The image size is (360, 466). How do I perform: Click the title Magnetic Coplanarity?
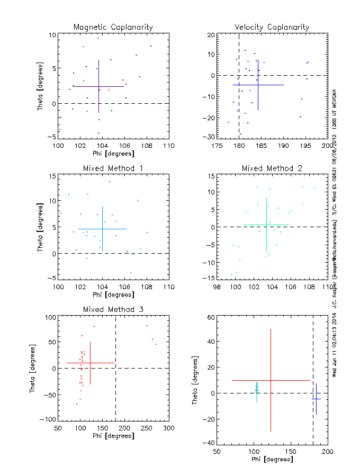113,27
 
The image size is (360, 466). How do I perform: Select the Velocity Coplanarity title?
272,27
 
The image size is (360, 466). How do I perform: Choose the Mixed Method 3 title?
113,309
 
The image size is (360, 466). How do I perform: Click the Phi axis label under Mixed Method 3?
113,436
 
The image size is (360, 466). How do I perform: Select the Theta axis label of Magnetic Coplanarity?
40,86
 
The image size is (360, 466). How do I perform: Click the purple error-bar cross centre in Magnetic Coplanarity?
98,86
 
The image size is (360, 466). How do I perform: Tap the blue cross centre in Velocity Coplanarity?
258,85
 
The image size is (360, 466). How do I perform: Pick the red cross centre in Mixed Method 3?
91,363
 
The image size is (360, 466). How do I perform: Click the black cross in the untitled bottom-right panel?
316,398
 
